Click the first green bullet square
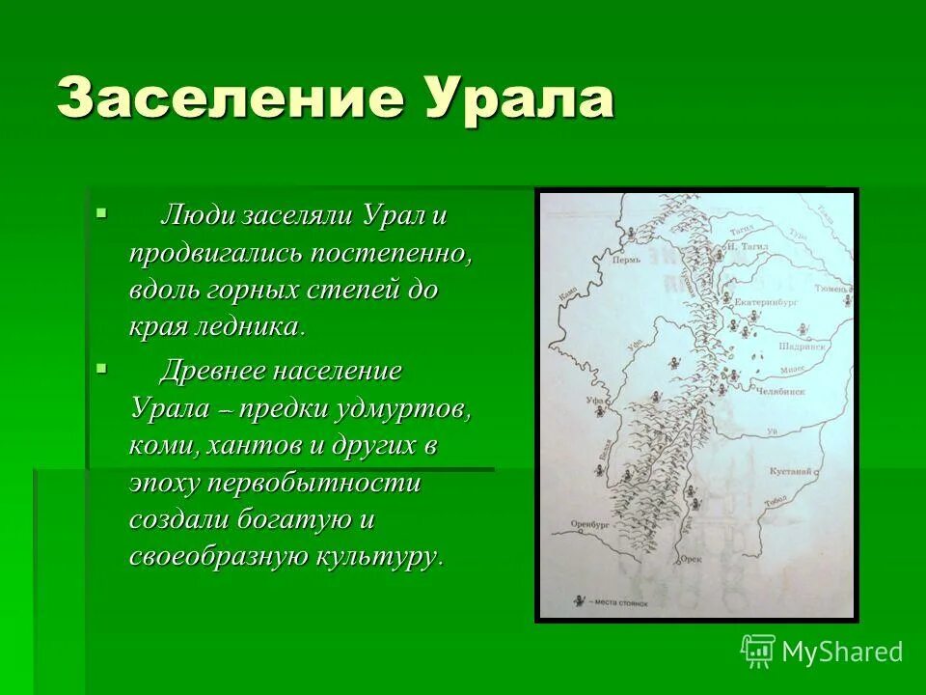click(x=102, y=211)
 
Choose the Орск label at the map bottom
click(x=691, y=559)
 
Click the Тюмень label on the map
click(x=831, y=288)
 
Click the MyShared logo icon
click(x=757, y=652)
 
